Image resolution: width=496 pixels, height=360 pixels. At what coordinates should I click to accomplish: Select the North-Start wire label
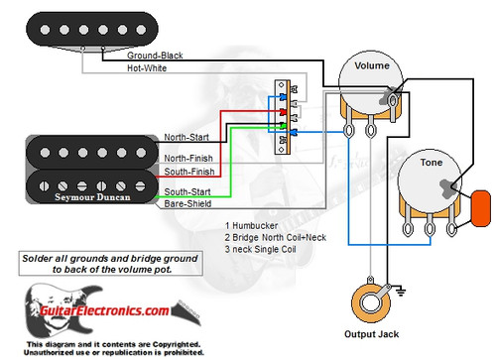point(188,137)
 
